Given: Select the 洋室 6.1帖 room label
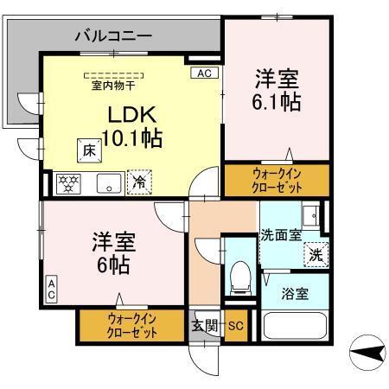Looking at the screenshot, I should click(x=276, y=89).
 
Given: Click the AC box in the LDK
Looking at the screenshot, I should click(x=204, y=73).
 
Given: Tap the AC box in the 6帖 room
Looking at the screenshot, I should click(x=50, y=290).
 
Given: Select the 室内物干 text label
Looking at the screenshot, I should click(x=112, y=86).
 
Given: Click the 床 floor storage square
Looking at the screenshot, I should click(x=89, y=149).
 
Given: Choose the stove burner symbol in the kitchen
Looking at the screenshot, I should click(x=67, y=182).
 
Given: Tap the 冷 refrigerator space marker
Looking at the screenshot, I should click(x=137, y=182).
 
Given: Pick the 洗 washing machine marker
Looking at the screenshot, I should click(x=316, y=254).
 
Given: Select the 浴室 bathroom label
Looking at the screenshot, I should click(x=294, y=294).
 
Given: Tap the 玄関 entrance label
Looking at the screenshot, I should click(x=204, y=326).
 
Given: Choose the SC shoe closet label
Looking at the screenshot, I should click(x=236, y=326).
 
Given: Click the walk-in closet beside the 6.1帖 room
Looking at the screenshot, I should click(x=276, y=181).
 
